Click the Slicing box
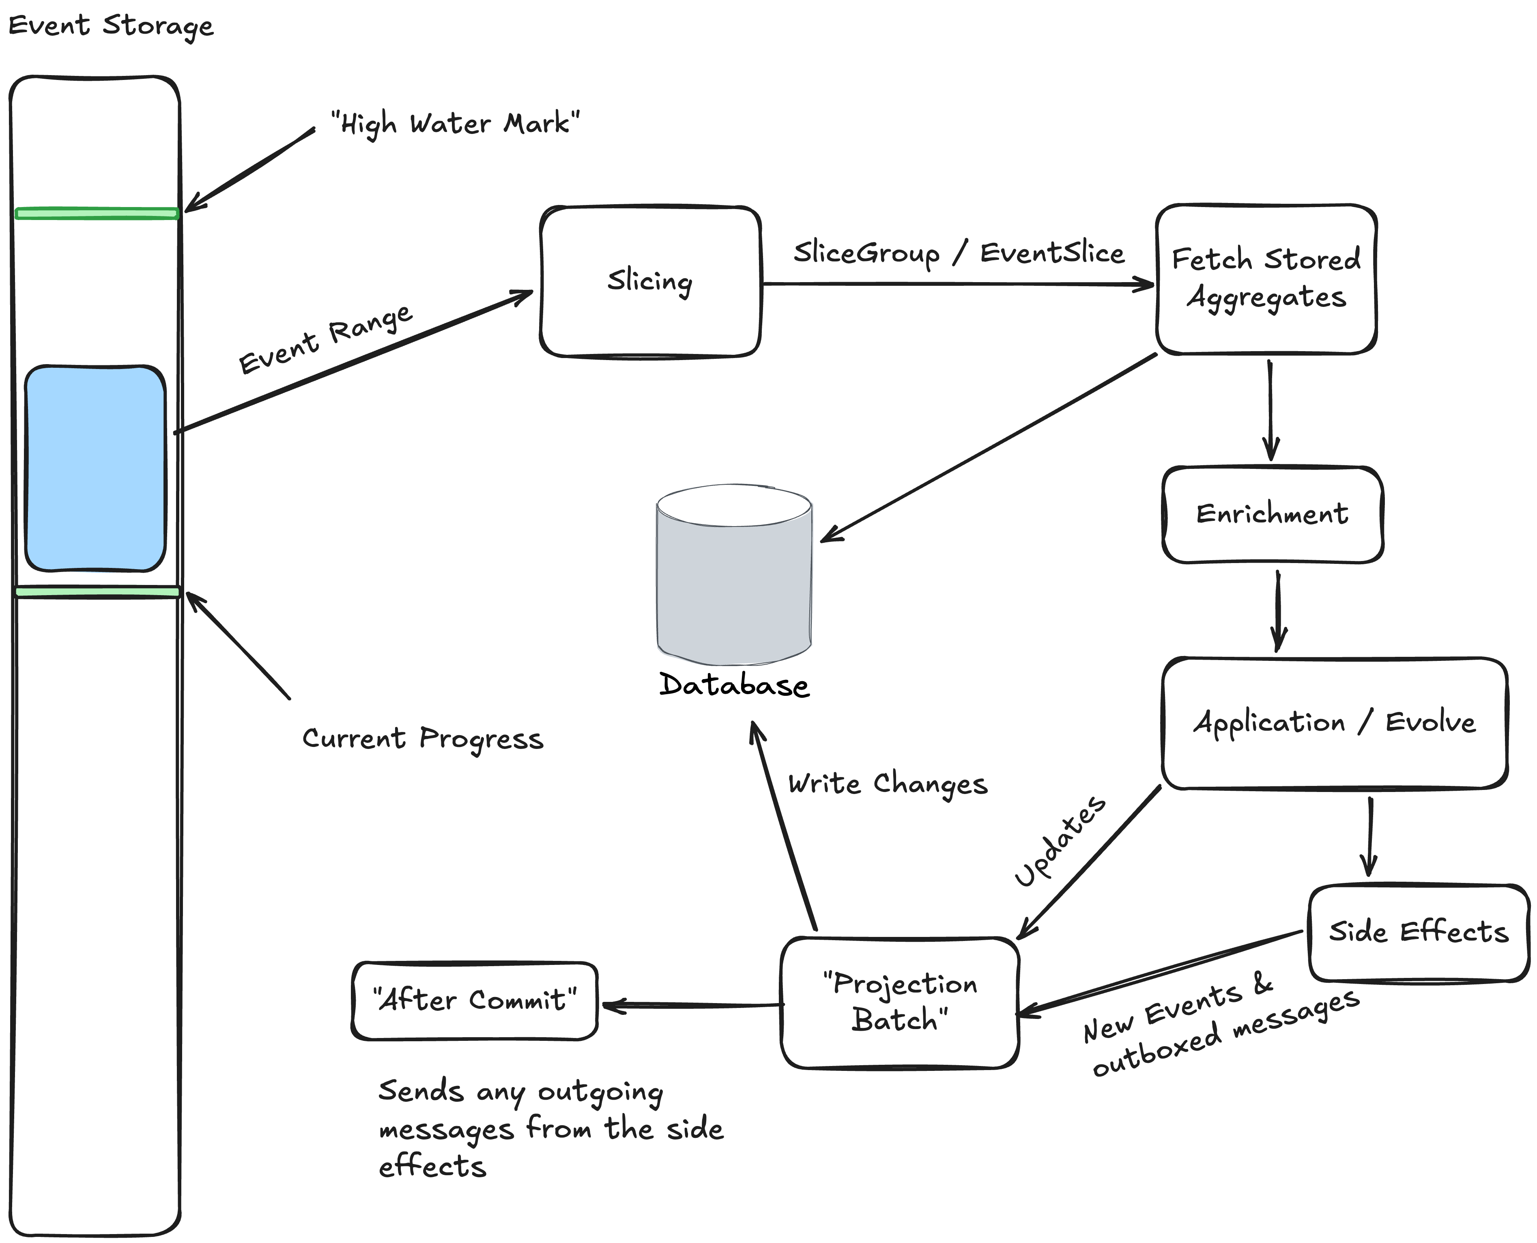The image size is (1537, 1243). coord(650,281)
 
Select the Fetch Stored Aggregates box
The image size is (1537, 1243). coord(1266,279)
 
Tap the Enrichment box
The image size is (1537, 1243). coord(1272,514)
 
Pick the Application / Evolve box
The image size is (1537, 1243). coord(1334,723)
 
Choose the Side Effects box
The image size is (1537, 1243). coord(1418,932)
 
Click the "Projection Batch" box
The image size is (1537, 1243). coord(899,1002)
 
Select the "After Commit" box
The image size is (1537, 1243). coord(475,1000)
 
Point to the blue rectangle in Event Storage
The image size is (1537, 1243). coord(95,469)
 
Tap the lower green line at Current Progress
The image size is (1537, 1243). coord(97,591)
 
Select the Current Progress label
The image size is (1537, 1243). coord(422,739)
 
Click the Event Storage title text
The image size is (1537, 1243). coord(111,26)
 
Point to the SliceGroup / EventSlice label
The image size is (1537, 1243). coord(959,253)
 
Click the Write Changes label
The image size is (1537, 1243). coord(887,784)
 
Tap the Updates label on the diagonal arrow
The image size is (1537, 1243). coord(1060,841)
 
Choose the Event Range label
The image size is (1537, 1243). coord(326,339)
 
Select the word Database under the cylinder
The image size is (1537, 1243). coord(734,685)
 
